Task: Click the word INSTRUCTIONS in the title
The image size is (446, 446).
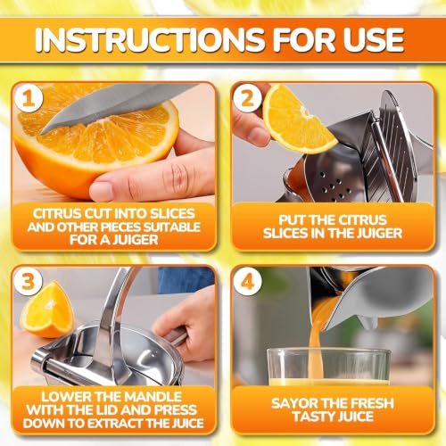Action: pyautogui.click(x=150, y=40)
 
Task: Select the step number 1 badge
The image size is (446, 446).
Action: pyautogui.click(x=29, y=98)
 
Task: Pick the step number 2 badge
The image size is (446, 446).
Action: pyautogui.click(x=247, y=98)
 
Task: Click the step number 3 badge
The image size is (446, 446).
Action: pyautogui.click(x=29, y=281)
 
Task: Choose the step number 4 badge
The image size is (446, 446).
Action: pyautogui.click(x=247, y=281)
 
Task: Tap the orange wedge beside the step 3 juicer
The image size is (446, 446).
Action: pyautogui.click(x=47, y=310)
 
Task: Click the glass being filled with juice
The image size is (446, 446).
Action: pyautogui.click(x=328, y=368)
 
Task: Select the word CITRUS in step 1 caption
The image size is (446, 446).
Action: pyautogui.click(x=56, y=213)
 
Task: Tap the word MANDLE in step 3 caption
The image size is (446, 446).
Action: pyautogui.click(x=153, y=397)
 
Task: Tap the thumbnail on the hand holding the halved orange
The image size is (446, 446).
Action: pyautogui.click(x=102, y=191)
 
